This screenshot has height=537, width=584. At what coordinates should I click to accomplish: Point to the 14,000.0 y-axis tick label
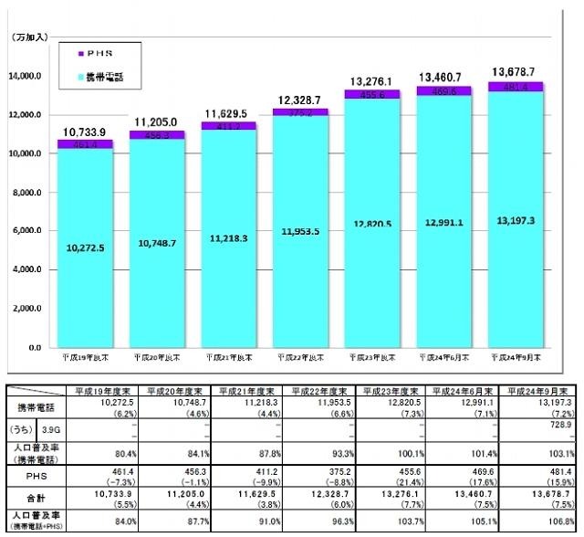[26, 76]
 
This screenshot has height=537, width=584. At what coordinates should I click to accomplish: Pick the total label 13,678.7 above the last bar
[518, 71]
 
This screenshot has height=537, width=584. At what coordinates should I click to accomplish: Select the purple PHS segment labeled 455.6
[375, 93]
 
